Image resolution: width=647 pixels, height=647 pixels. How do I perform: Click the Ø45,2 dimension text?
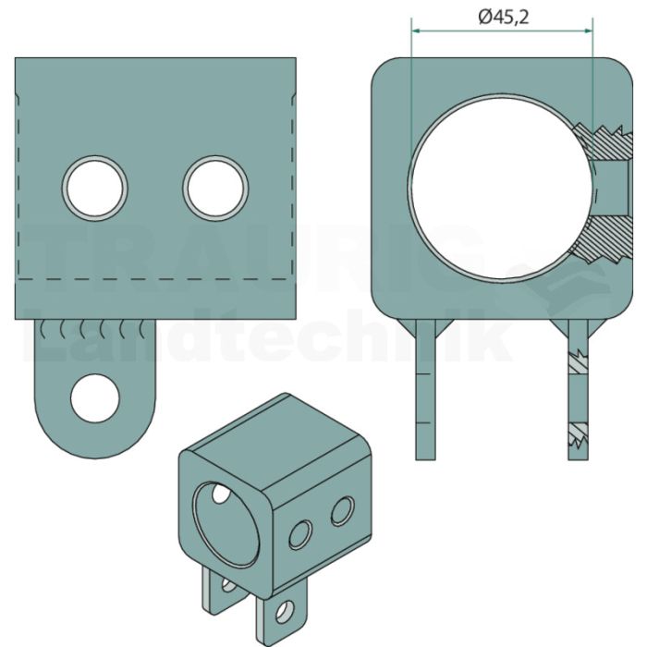click(503, 18)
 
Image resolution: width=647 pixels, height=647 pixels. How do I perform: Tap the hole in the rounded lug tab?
click(95, 398)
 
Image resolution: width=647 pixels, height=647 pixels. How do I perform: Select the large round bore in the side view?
click(501, 187)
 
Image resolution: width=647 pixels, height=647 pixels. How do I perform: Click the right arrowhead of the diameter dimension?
click(588, 31)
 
